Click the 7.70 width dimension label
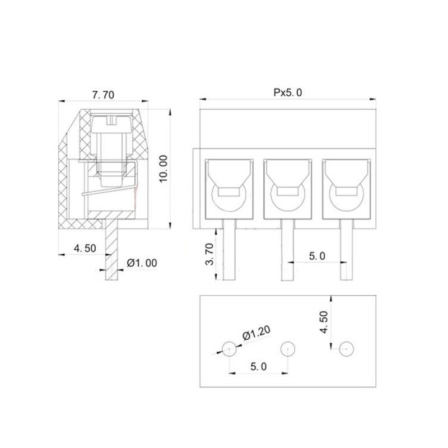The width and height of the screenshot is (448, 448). [103, 95]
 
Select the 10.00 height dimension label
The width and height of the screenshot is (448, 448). [164, 169]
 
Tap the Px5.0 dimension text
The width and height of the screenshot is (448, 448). [287, 92]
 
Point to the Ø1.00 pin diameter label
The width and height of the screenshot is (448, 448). [142, 263]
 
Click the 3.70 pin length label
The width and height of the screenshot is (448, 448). [209, 254]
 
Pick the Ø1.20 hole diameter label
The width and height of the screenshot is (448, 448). [256, 333]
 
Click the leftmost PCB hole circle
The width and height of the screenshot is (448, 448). [229, 349]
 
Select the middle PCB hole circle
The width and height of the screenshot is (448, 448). [288, 349]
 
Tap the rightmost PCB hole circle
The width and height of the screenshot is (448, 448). [347, 349]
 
